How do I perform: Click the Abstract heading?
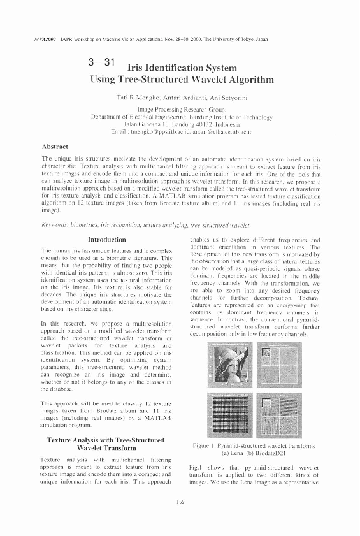tap(55, 146)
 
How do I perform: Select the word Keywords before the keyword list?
tap(55, 225)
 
